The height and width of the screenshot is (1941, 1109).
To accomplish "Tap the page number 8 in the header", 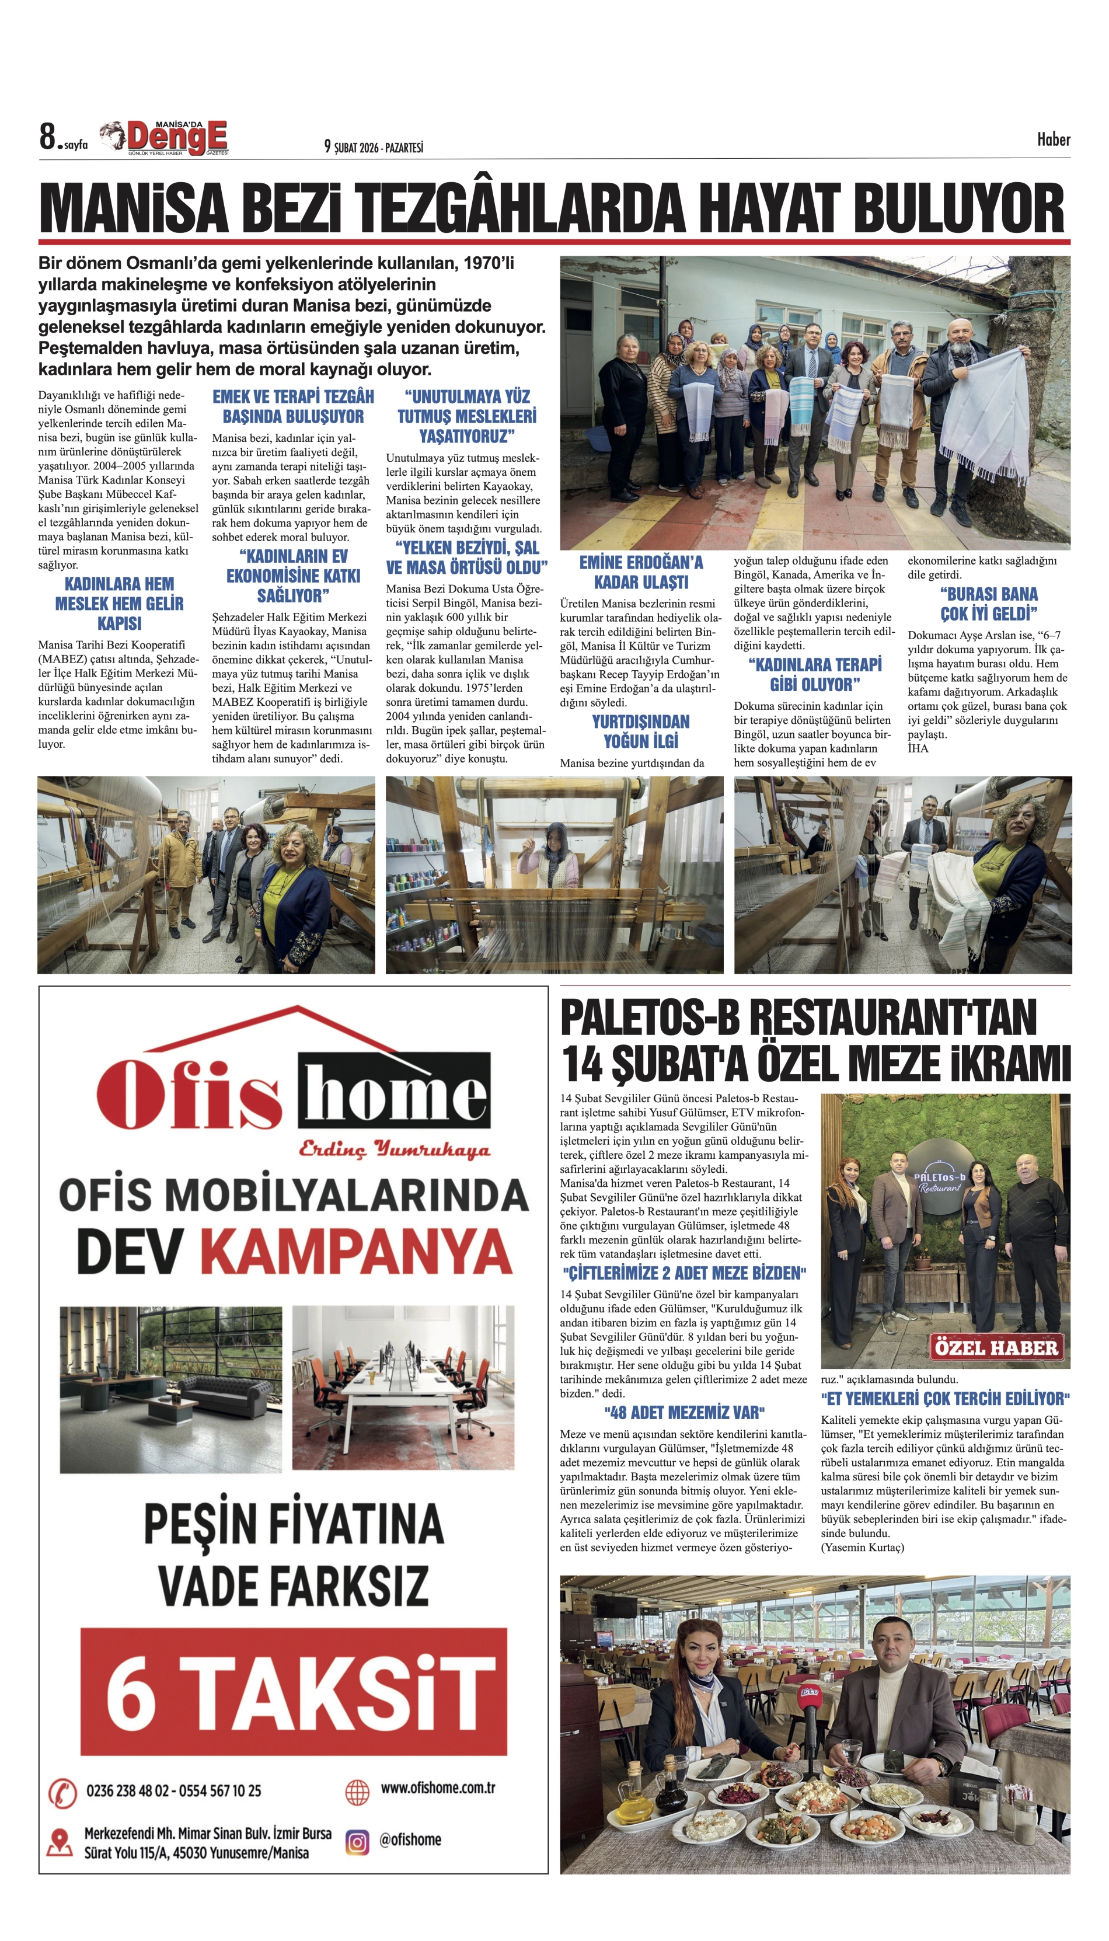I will (48, 138).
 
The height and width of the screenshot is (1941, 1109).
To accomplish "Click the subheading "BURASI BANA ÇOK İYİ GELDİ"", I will (988, 604).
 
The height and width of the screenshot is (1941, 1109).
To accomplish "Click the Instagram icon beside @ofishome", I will (357, 1842).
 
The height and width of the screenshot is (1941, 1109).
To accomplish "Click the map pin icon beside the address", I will (58, 1842).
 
